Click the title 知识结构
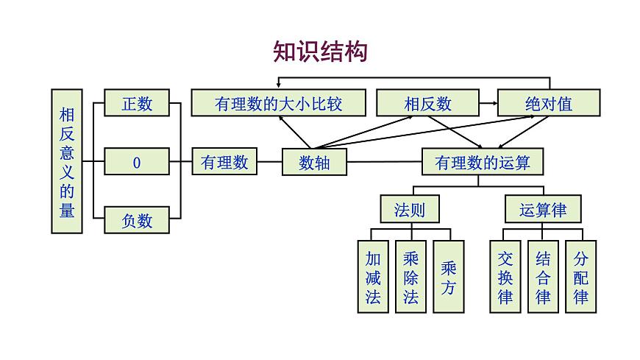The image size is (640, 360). coord(320,52)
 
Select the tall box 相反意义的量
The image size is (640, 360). coord(67,161)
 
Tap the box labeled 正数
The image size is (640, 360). coord(137,103)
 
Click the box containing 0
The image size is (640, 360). coord(137,161)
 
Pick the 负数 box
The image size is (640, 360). coord(137,219)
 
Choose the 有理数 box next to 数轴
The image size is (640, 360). coord(224,161)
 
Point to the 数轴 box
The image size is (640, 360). coord(314,162)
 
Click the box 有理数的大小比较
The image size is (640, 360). coord(278,103)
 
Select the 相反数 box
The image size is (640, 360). coord(427,103)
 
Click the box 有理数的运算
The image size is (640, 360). coord(482,162)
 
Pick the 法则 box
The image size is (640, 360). coord(410,209)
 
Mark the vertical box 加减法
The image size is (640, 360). coord(373,277)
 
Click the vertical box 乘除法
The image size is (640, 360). coord(410,277)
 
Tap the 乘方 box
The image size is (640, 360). coord(448,277)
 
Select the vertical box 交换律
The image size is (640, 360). coord(505,277)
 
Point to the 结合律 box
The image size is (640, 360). coord(543,277)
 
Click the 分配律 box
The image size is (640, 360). coord(580,277)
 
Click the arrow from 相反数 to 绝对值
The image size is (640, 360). coord(488,103)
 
